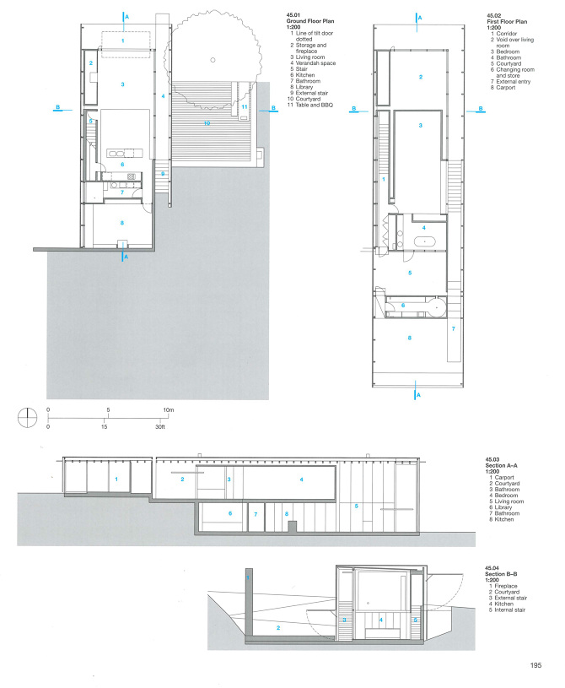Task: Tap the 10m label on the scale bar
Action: coord(169,409)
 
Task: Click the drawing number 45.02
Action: coord(494,16)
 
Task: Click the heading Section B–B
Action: coord(502,579)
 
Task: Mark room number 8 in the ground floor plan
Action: coord(122,223)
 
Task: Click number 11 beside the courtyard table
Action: coord(244,107)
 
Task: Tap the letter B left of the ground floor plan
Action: coord(57,107)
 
